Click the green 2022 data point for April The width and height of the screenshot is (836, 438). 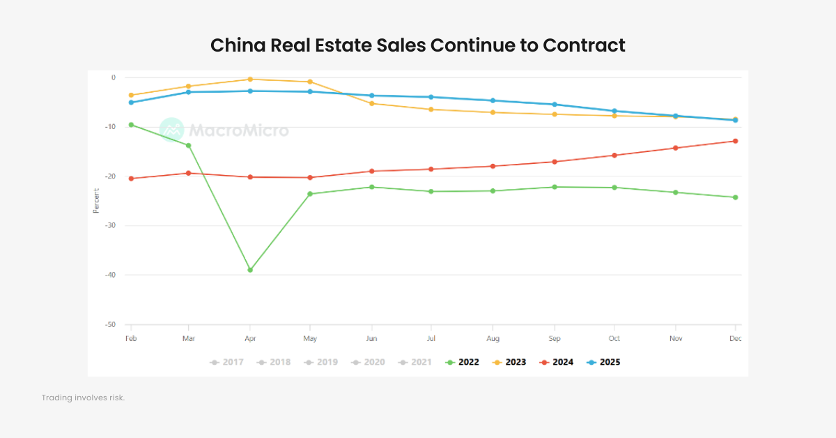coord(250,270)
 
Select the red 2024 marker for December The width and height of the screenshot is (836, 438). coord(735,141)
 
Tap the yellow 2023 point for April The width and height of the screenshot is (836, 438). coord(250,80)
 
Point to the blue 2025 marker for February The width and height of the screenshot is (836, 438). coord(131,103)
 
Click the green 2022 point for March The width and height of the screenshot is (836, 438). coord(188,145)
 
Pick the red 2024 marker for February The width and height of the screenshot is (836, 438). coord(131,179)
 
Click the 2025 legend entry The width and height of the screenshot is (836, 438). coord(603,362)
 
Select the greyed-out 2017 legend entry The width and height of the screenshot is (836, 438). coord(226,362)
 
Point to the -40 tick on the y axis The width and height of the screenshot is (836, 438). coord(110,275)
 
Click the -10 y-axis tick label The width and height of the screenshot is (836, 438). coord(110,127)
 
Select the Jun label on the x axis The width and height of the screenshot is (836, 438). coord(371,338)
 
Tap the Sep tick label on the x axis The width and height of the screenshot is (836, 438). coord(554,338)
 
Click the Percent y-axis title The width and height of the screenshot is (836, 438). coord(96,201)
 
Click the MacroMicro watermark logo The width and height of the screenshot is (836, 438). coord(171,130)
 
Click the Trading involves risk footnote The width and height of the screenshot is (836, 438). coord(83,398)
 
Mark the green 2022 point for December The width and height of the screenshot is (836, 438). coord(735,197)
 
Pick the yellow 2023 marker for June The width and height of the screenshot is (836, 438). coord(371,103)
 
